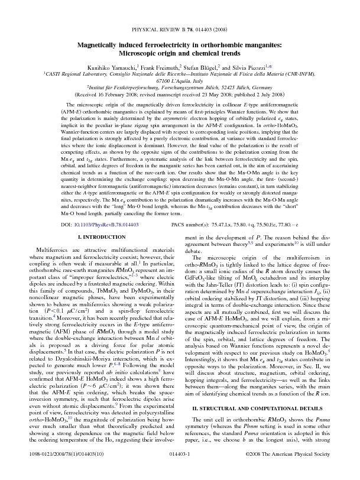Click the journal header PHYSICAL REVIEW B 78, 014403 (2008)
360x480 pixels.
pyautogui.click(x=180, y=28)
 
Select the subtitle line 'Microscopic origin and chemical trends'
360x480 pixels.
pyautogui.click(x=180, y=53)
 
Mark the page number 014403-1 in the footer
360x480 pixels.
pyautogui.click(x=180, y=469)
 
